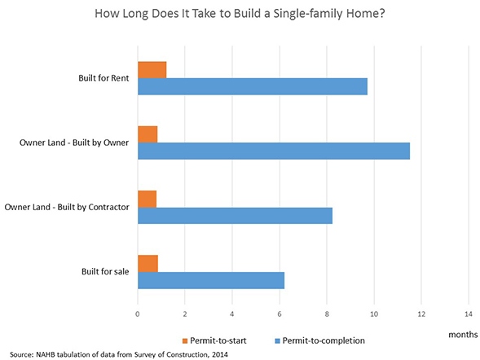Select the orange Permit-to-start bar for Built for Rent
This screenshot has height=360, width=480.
152,70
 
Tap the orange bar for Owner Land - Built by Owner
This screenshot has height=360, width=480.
148,134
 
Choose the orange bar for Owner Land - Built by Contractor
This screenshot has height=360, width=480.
147,199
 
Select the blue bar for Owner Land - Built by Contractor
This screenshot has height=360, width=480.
235,215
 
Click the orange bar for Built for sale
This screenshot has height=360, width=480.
148,263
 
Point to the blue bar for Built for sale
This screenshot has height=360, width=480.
210,279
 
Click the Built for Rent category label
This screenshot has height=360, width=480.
99,78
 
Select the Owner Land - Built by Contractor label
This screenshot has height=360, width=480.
68,207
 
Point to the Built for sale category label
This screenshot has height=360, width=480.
100,271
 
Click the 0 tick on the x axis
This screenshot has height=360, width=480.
138,313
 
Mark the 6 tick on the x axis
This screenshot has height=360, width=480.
280,313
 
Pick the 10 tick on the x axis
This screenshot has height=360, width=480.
374,313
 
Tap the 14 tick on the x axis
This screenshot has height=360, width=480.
468,313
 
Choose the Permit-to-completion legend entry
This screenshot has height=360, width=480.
320,338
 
